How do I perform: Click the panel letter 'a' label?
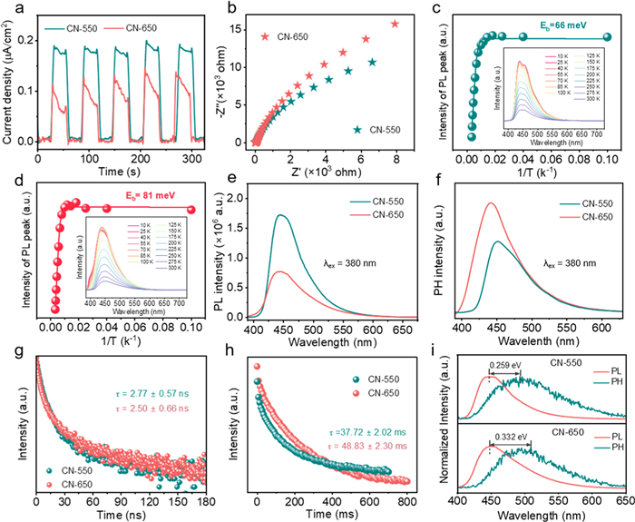point(9,10)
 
